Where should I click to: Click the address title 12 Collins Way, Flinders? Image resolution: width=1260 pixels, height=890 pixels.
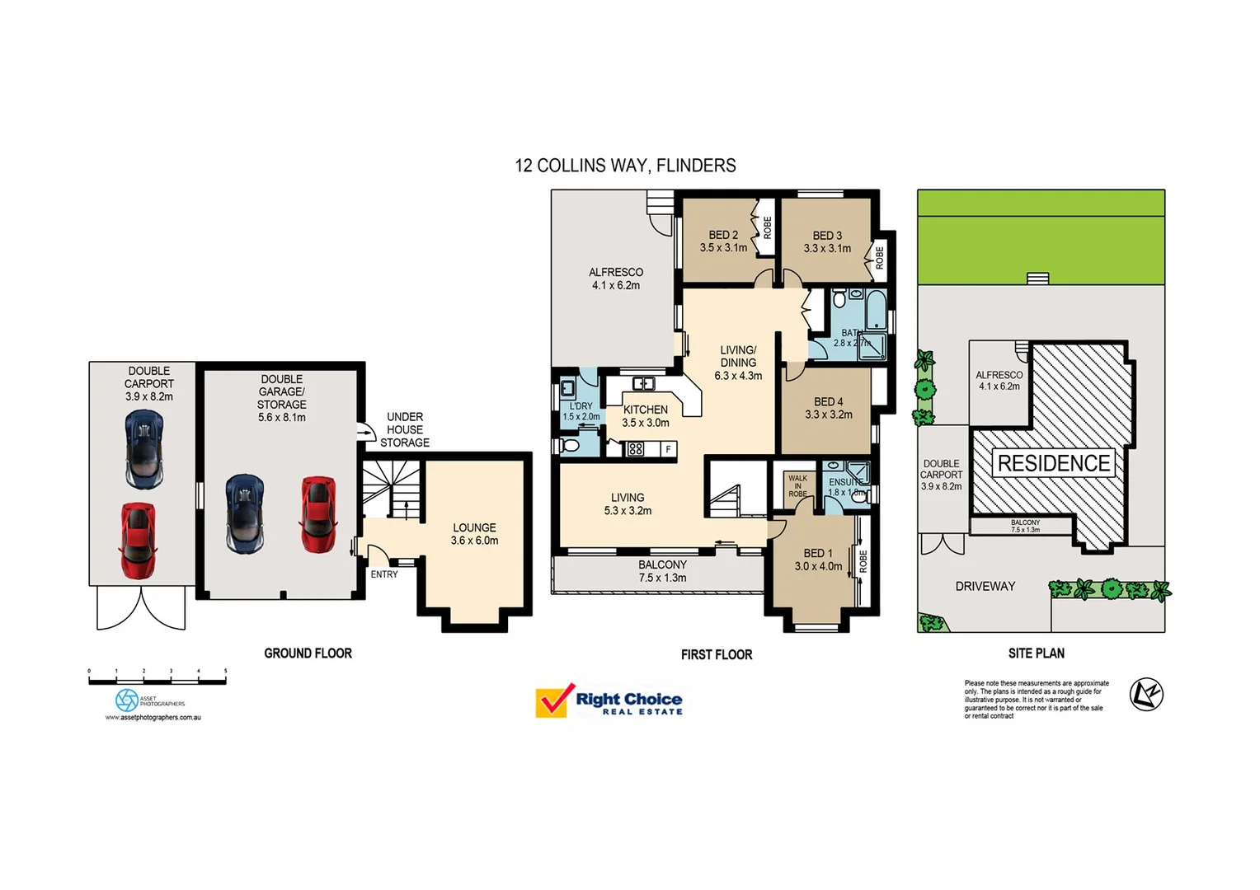tap(625, 166)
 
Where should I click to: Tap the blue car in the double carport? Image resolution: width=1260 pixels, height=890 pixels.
tap(144, 449)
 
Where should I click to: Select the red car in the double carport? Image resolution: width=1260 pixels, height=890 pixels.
tap(138, 541)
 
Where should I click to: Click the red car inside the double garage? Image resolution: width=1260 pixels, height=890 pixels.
tap(317, 514)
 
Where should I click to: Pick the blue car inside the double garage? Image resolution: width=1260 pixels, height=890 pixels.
tap(244, 513)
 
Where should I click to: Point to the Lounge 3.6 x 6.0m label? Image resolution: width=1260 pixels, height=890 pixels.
tap(474, 534)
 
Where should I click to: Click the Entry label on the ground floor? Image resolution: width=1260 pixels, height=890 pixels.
tap(384, 574)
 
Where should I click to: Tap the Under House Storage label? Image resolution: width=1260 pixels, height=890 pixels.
tap(405, 429)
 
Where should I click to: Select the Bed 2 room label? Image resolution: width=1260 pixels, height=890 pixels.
tap(723, 241)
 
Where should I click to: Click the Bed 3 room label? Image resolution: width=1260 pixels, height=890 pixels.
tap(827, 241)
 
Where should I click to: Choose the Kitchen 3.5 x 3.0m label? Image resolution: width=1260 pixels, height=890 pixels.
tap(646, 416)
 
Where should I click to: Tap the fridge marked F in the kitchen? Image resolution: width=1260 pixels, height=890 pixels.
tap(668, 449)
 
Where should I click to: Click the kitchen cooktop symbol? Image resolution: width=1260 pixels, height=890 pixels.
tap(636, 449)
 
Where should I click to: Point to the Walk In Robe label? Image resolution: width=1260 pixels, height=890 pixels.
tap(797, 485)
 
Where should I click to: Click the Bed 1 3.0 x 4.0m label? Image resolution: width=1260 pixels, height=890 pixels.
tap(818, 560)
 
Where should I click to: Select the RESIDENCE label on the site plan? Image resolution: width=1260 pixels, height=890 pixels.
tap(1054, 463)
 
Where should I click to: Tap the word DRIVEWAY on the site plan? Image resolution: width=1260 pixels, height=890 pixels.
tap(985, 586)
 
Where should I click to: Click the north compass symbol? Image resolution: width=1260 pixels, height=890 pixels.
tap(1145, 695)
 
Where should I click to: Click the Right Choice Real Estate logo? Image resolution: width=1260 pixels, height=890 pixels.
tap(609, 701)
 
